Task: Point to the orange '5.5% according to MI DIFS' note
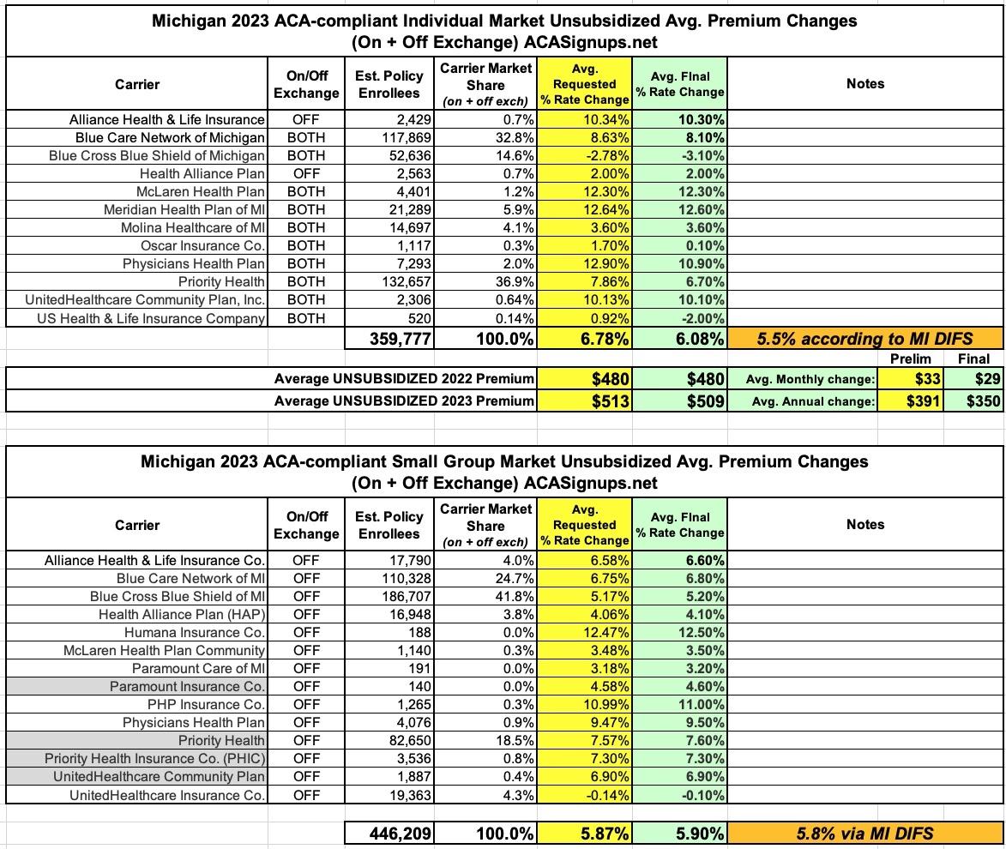click(864, 339)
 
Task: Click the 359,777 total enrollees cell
click(390, 339)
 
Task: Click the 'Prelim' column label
click(910, 359)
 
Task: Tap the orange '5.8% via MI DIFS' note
click(864, 832)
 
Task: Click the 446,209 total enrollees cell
click(390, 832)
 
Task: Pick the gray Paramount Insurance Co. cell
click(187, 686)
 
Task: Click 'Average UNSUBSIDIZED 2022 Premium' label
click(404, 379)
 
